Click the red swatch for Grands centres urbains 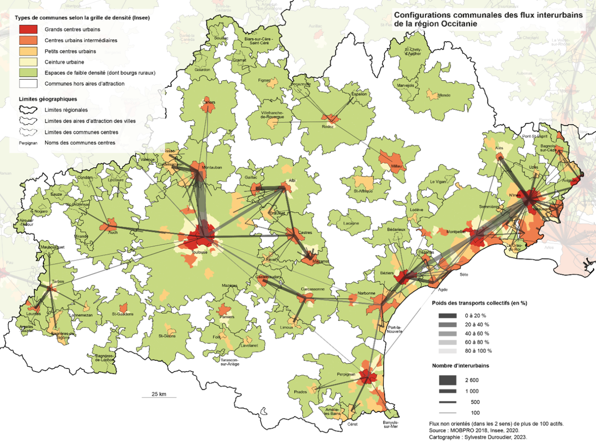click(28, 29)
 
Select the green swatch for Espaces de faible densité click(28, 73)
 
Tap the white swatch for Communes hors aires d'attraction click(28, 83)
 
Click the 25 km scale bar click(159, 397)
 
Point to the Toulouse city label click(200, 252)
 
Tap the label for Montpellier click(456, 232)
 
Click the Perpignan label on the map click(346, 374)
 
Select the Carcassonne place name click(312, 289)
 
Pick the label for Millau click(396, 166)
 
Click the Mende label click(444, 95)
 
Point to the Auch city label click(113, 233)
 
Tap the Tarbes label click(58, 281)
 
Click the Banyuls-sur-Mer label click(390, 424)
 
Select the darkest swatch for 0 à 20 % click(447, 316)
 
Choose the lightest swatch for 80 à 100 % click(447, 351)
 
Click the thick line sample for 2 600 click(447, 380)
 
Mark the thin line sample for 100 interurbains click(447, 413)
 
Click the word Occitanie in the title click(459, 24)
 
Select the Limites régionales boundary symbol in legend click(28, 110)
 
